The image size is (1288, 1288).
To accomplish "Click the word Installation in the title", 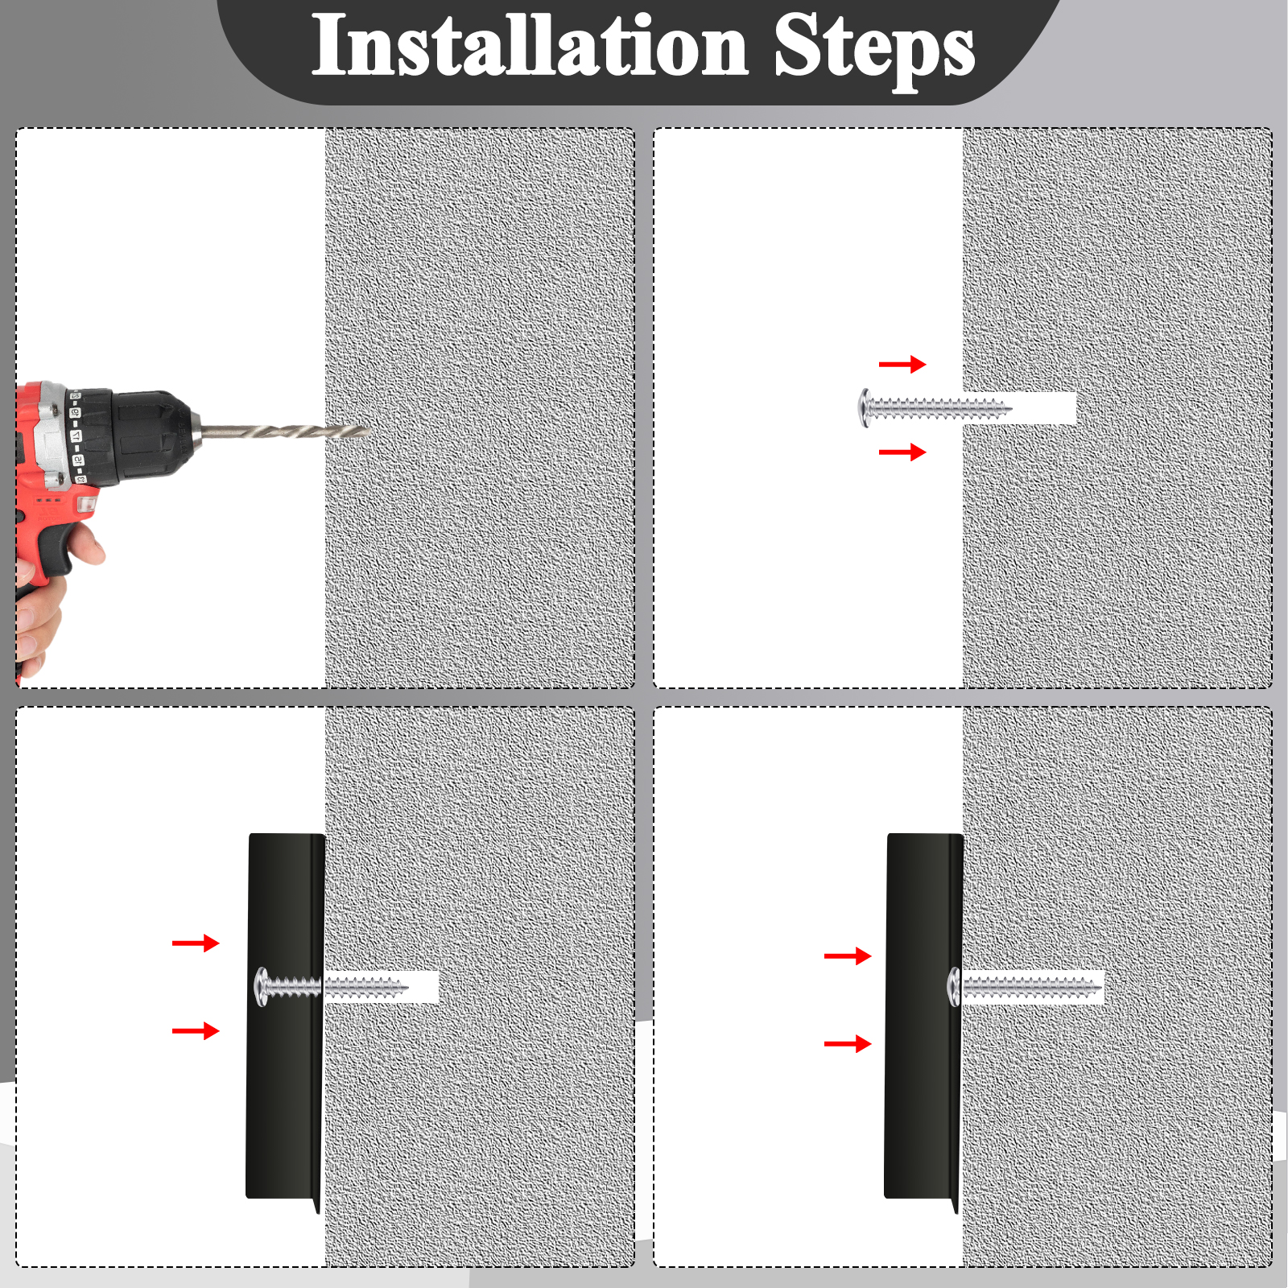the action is (x=530, y=46).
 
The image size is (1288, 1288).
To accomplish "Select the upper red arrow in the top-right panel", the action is (x=902, y=365).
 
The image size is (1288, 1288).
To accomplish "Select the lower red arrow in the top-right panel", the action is (x=902, y=452).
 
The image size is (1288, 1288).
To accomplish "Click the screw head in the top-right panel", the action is (x=865, y=407).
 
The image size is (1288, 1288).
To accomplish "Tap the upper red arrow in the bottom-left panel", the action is (x=196, y=943).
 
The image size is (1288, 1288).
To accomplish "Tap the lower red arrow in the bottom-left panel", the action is (x=196, y=1030).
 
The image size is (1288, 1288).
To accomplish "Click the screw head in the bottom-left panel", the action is (x=262, y=987).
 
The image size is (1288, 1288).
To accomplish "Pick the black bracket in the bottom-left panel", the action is (x=285, y=1018).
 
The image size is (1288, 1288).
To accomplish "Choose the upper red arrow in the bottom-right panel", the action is (x=848, y=956).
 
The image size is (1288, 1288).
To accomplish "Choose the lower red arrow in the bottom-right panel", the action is (x=848, y=1044).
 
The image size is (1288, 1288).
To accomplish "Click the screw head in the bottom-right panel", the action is (x=955, y=987).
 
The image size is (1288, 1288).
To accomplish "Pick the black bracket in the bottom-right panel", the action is (x=923, y=1018).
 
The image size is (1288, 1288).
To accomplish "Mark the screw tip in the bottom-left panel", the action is (x=406, y=987).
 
